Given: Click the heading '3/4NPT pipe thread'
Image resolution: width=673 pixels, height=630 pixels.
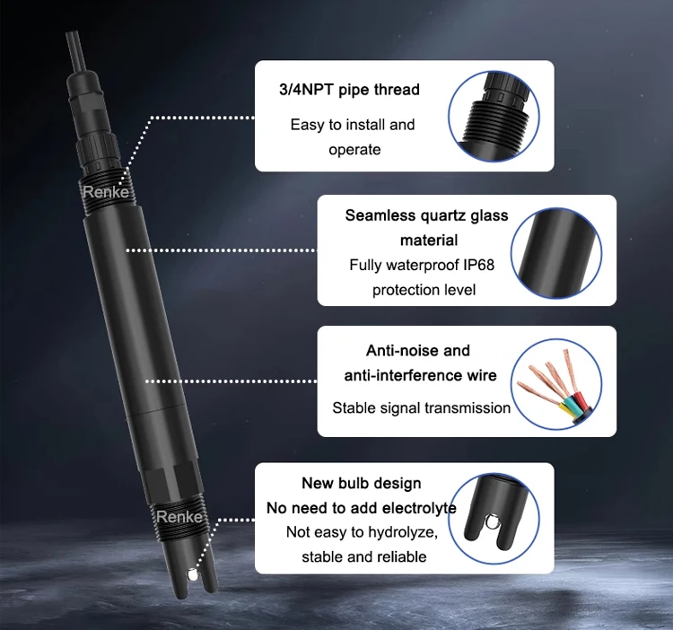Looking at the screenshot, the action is (349, 90).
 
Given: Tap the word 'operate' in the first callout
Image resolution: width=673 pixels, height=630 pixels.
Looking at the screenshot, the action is (354, 150).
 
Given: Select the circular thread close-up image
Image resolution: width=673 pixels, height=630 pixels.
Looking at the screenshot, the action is (494, 117).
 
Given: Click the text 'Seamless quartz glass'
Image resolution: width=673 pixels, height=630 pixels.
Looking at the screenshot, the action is (426, 215).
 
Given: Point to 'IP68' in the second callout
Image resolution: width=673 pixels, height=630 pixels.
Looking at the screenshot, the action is (478, 265).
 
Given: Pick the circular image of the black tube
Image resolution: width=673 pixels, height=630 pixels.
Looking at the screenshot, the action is (556, 253).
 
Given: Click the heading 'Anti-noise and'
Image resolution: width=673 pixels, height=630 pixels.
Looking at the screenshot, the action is (417, 351).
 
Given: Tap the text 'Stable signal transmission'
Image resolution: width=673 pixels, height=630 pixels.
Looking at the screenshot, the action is (422, 407).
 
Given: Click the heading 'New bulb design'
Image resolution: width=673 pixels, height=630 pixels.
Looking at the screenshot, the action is (362, 483).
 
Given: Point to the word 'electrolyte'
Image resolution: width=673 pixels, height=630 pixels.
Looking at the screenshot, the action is (419, 508).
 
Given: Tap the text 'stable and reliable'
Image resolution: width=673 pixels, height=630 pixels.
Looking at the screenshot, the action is (364, 556).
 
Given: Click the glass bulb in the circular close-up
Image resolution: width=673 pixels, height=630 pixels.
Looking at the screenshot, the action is (491, 522).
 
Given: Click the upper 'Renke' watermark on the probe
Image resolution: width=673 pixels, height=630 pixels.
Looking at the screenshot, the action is (106, 192).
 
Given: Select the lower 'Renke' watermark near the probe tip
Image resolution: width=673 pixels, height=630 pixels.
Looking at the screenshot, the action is (179, 517).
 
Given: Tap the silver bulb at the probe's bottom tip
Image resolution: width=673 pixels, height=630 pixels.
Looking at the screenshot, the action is (193, 573).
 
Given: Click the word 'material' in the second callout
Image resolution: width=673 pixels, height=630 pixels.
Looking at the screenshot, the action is (429, 240).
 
